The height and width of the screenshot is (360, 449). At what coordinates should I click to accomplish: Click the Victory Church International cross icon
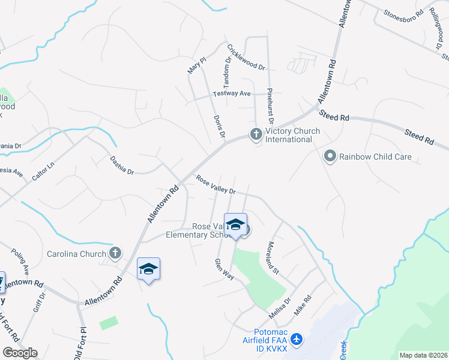[256, 134]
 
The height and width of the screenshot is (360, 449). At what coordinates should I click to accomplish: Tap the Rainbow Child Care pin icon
[330, 157]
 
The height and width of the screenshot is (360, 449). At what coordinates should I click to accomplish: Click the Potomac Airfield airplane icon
[298, 339]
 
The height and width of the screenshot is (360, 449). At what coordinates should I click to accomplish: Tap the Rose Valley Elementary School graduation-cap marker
[235, 226]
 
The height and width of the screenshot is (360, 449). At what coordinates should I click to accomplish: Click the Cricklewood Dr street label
[246, 57]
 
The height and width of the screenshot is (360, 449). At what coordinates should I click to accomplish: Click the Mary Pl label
[197, 65]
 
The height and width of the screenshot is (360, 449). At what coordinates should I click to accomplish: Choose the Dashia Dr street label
[121, 164]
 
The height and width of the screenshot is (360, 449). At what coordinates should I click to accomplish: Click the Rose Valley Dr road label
[215, 185]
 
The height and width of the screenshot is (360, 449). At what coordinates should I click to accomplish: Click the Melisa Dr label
[280, 308]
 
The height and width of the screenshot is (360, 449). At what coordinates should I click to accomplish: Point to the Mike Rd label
[303, 305]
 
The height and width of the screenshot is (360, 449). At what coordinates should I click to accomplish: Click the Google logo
[20, 353]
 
